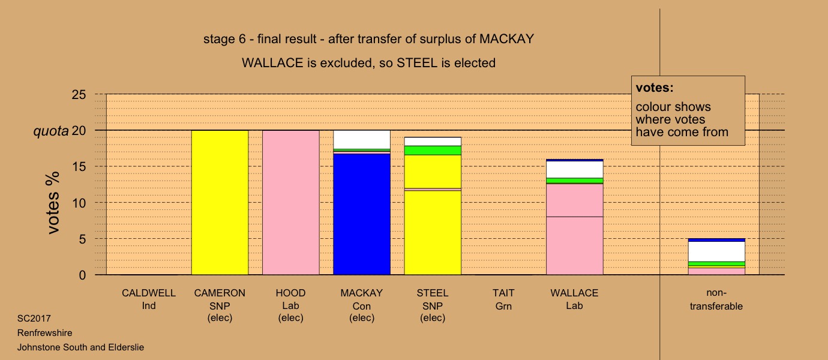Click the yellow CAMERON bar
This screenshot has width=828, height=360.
[220, 203]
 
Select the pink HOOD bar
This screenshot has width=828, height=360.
[291, 203]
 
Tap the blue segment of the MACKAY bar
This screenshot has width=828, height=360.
[362, 214]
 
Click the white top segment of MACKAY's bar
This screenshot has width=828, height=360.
[362, 139]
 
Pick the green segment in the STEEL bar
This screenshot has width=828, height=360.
[433, 151]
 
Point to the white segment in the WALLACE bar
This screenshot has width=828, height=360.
[575, 170]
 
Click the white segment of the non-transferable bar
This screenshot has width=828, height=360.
[716, 252]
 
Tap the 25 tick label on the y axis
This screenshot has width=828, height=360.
[79, 95]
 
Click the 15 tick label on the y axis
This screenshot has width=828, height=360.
[79, 167]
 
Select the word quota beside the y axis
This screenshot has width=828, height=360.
[51, 131]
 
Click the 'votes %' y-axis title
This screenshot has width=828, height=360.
[53, 203]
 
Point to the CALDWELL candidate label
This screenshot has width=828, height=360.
[149, 293]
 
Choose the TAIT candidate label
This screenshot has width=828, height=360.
[503, 293]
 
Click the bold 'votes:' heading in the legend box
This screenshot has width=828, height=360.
[655, 88]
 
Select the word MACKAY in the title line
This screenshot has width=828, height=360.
[507, 39]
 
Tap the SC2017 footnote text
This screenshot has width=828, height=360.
[34, 319]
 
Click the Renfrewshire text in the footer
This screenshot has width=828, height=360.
[45, 332]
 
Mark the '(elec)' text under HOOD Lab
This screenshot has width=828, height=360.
[291, 318]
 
